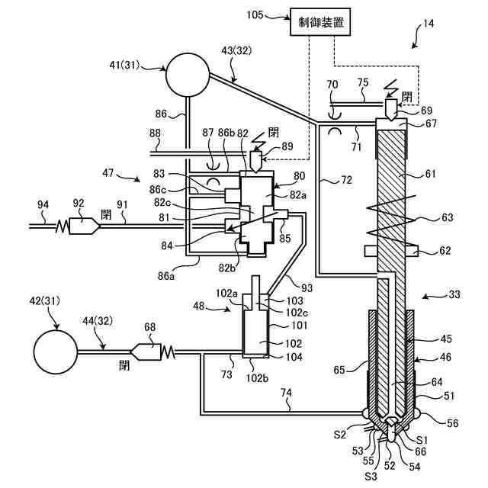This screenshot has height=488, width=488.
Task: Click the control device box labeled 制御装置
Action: coord(320,22)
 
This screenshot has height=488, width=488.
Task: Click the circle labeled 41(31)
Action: coord(188,74)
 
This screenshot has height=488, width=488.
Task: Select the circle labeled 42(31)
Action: coord(56,352)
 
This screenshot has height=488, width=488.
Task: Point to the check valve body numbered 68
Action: coord(146,352)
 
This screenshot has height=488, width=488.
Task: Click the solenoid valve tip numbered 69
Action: coord(391,110)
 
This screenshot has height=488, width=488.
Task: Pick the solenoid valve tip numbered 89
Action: coord(256,162)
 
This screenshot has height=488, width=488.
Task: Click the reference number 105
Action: coord(255,14)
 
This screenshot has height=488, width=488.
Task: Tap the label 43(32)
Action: coord(236,50)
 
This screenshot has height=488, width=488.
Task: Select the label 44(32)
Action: coord(98,321)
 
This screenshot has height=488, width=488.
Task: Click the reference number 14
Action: coord(428,24)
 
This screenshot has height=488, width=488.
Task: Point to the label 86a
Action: coord(166,275)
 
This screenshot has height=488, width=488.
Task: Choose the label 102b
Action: coord(257,377)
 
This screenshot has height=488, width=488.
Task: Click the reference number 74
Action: coord(287,393)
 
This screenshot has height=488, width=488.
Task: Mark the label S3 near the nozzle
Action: coord(371,476)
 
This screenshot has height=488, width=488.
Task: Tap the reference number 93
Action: coord(307,288)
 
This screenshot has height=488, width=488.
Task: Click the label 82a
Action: coord(298,195)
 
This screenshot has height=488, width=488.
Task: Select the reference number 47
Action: coord(108,173)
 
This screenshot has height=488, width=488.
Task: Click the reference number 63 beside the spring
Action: coord(447,217)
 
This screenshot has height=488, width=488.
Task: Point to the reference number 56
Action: coord(452,423)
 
